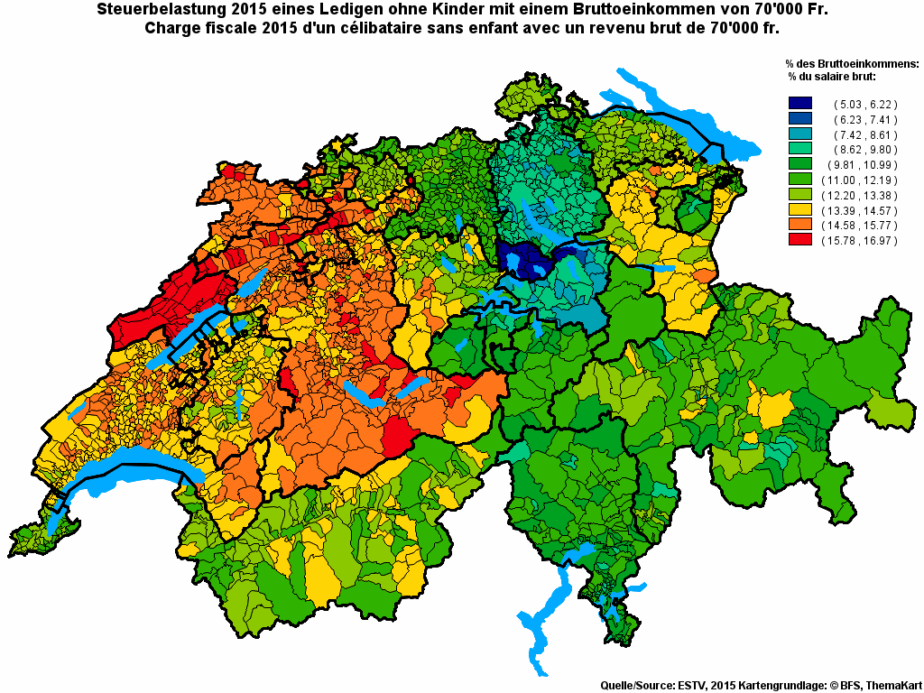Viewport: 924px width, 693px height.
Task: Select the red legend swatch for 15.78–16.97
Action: click(x=799, y=240)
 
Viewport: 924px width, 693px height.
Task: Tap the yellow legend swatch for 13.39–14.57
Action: click(x=799, y=209)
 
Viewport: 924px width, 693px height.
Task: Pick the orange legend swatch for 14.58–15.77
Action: click(x=799, y=225)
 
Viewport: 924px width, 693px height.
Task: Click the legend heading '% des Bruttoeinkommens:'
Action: click(x=852, y=63)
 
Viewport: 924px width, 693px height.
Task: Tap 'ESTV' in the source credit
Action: click(x=691, y=686)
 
